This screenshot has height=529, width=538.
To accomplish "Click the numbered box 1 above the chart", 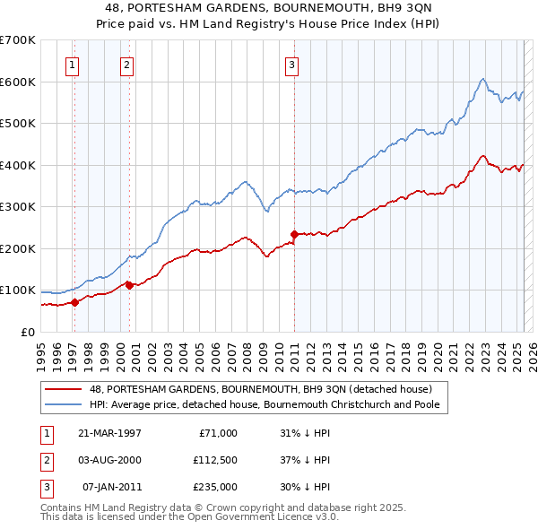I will (x=72, y=64).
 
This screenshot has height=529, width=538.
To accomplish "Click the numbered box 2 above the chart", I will (x=127, y=64).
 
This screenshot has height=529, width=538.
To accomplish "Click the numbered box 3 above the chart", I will (x=292, y=64).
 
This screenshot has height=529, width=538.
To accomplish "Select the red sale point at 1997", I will (x=74, y=302).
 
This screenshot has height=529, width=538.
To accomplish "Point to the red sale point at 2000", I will (x=128, y=285).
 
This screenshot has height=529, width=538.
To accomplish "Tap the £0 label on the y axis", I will (x=27, y=332).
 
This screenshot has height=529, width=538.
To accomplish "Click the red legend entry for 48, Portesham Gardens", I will (x=260, y=389).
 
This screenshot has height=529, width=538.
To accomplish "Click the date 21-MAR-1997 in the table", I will (x=110, y=433).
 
